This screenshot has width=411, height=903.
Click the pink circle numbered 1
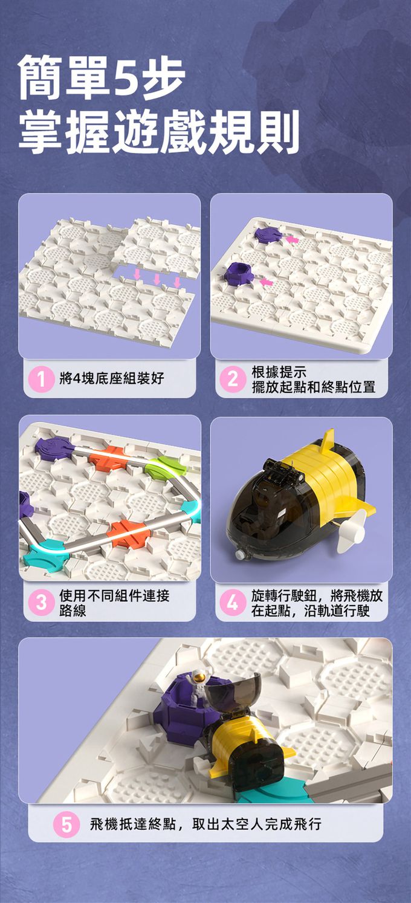[x=42, y=379]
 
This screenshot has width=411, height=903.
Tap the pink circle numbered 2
[x=233, y=379]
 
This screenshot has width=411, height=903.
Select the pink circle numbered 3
[x=42, y=603]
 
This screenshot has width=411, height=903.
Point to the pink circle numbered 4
[x=233, y=603]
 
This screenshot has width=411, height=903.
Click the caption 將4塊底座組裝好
[x=112, y=379]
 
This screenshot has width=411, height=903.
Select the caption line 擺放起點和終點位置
[x=314, y=387]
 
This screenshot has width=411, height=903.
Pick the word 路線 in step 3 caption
[x=73, y=610]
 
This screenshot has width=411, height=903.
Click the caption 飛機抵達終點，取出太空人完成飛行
[x=206, y=824]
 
